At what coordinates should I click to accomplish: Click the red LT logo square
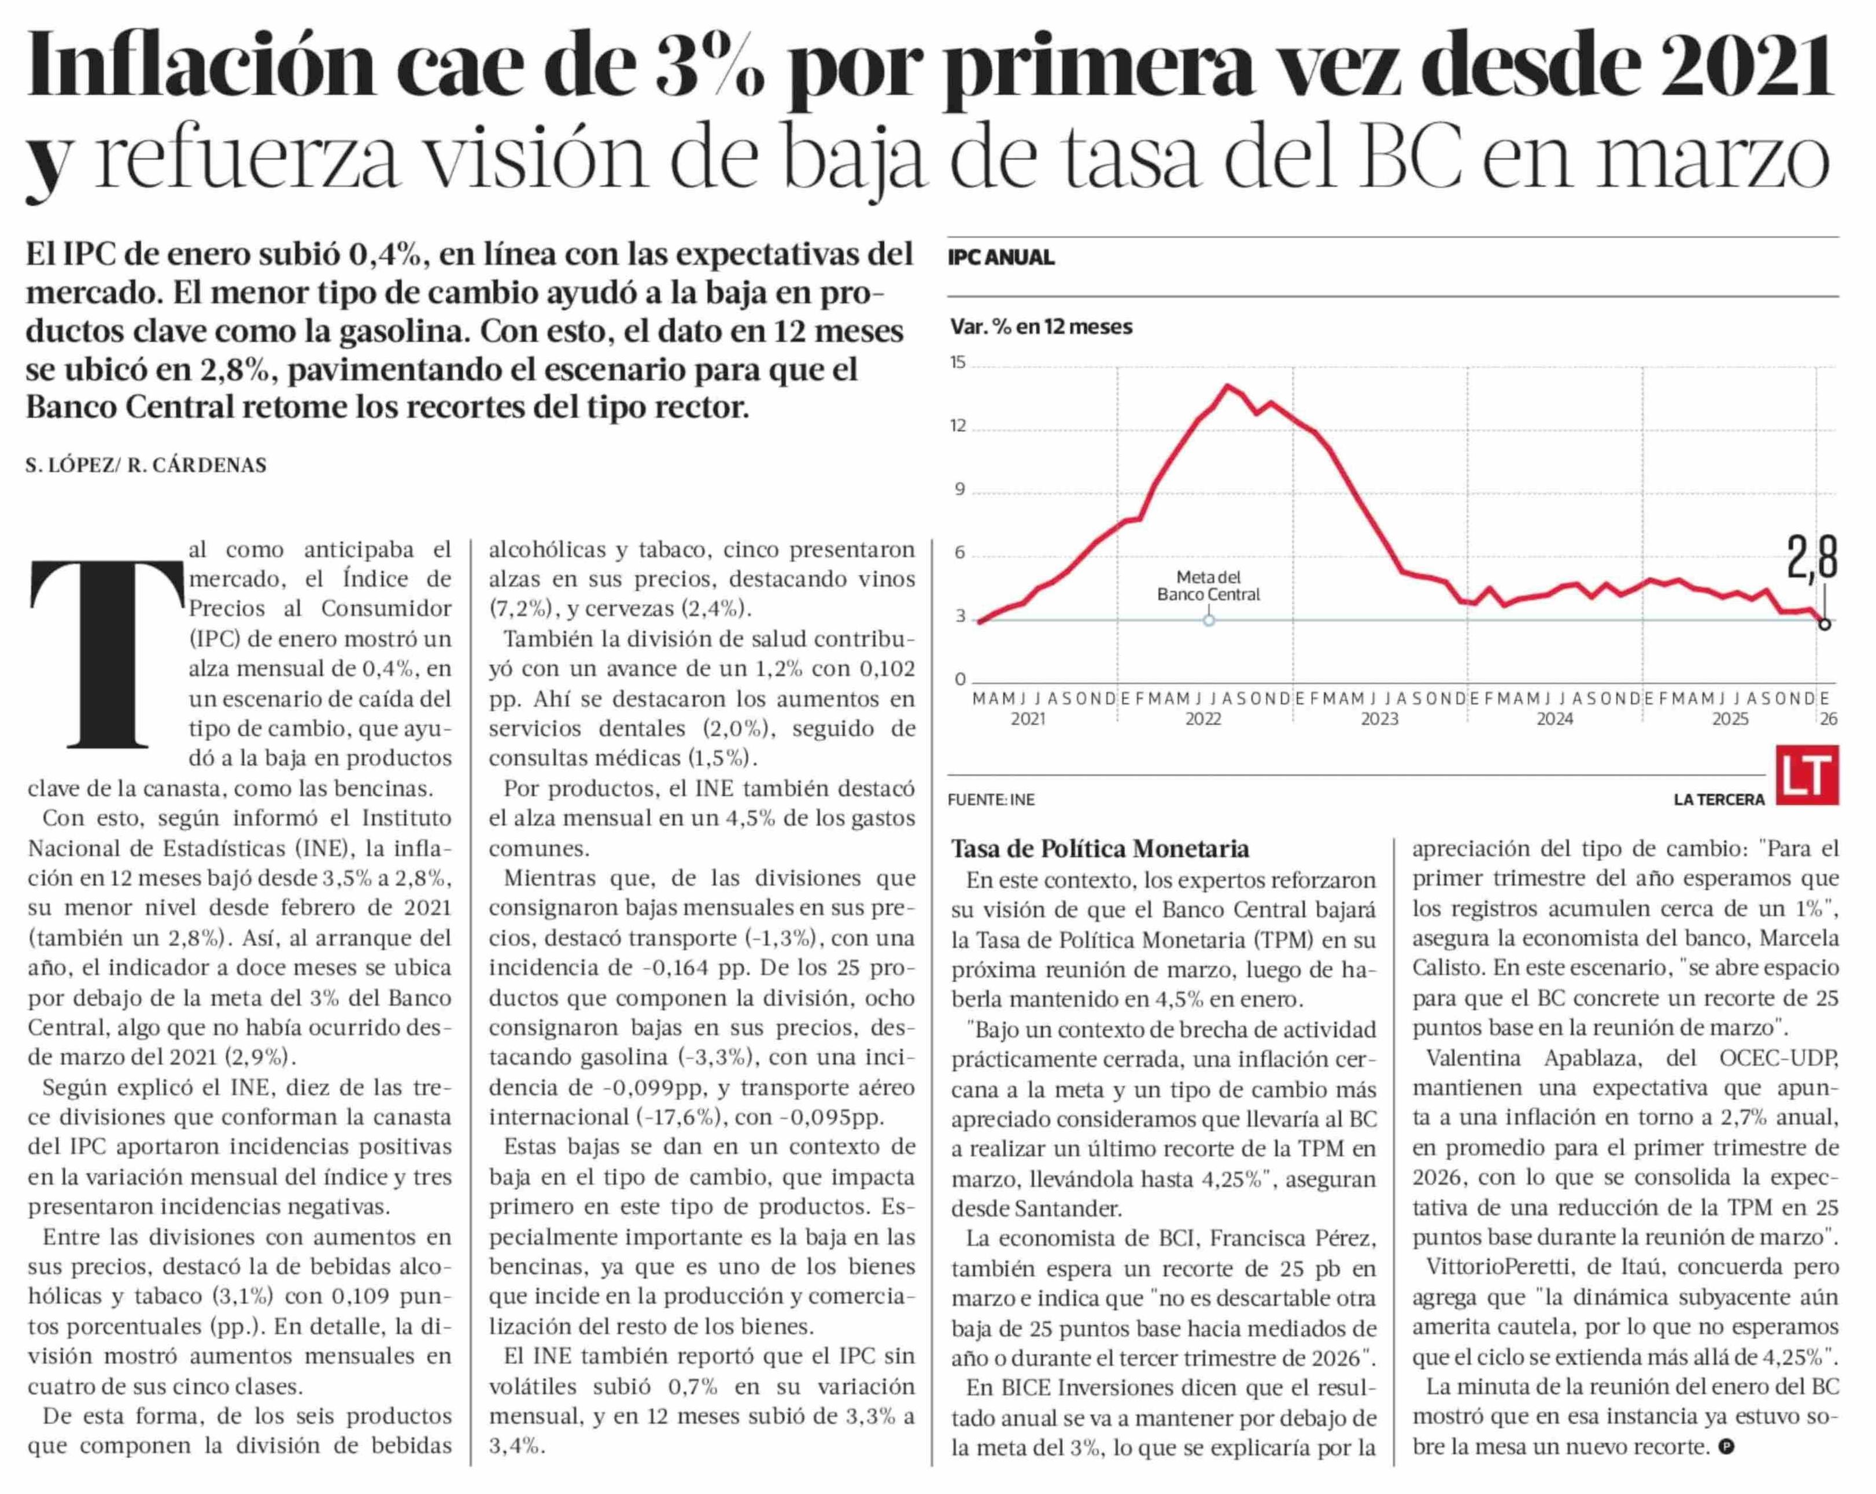click(1807, 774)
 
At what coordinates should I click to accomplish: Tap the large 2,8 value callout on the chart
click(1812, 558)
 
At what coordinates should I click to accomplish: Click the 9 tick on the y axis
click(960, 490)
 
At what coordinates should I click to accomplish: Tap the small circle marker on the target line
click(1209, 620)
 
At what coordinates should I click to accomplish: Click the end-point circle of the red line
click(1825, 624)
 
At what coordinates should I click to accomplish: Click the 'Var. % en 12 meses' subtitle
click(1041, 327)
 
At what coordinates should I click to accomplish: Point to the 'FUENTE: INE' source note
click(991, 800)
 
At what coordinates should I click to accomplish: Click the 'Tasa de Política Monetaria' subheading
click(1100, 848)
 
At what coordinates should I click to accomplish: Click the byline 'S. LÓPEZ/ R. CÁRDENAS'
click(146, 465)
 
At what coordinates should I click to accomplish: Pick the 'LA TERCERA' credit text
click(1719, 800)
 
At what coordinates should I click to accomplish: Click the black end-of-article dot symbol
click(1727, 1446)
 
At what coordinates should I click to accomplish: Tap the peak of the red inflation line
click(1228, 386)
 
